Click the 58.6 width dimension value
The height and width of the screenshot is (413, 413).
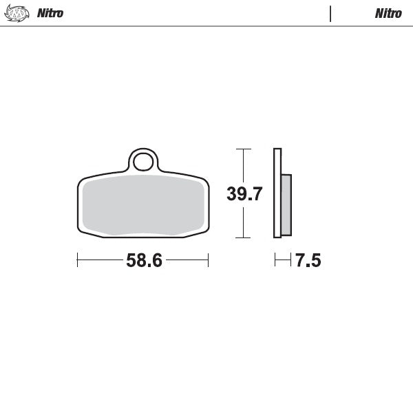pos(144,261)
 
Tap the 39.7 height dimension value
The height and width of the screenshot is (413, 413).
pos(244,194)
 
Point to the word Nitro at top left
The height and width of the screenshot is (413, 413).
pos(50,13)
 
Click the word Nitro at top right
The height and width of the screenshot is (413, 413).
pos(388,13)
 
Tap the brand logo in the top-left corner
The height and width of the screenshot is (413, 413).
pos(18,13)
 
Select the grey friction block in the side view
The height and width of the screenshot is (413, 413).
pos(286,204)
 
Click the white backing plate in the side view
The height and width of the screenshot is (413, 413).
pos(277,193)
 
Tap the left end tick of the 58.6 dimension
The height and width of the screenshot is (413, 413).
pos(78,260)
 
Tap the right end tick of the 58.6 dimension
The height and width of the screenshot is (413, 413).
pos(208,260)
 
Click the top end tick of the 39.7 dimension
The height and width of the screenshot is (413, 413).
pos(242,149)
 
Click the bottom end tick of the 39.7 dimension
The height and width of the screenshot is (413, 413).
pos(242,237)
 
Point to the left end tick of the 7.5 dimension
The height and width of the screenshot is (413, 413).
pos(275,260)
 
